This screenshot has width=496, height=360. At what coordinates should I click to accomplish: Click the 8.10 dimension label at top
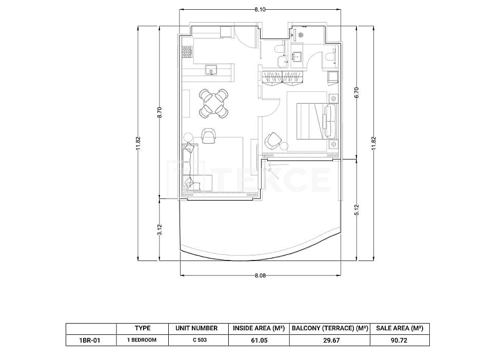[260, 10]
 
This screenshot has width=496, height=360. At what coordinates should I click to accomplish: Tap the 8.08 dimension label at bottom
[260, 275]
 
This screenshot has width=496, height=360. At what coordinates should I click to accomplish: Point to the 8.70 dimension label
[160, 112]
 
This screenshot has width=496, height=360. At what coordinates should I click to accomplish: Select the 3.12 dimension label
[160, 230]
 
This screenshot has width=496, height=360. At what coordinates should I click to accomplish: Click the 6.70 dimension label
[356, 92]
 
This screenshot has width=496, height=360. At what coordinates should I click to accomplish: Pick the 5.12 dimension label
[356, 210]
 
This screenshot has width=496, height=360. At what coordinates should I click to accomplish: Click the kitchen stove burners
[187, 52]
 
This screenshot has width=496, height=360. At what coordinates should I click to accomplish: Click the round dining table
[214, 104]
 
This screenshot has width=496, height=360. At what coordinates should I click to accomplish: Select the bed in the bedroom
[316, 121]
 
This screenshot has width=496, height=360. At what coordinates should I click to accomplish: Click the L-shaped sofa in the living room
[190, 167]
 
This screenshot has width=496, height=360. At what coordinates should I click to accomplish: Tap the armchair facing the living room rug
[208, 136]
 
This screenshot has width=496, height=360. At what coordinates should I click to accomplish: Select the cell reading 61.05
[259, 341]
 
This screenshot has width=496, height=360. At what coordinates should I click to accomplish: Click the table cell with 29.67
[330, 341]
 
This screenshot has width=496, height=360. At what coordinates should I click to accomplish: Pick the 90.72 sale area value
[400, 341]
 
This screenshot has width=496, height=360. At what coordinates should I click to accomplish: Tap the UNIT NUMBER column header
[196, 328]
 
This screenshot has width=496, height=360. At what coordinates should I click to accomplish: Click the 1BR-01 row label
[90, 341]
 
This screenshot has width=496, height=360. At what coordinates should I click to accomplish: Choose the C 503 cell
[200, 340]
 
